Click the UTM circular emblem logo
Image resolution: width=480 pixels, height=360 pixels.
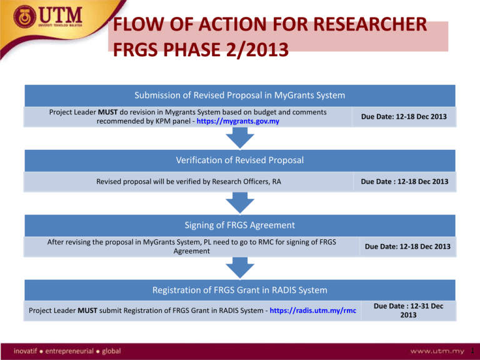[x=25, y=16]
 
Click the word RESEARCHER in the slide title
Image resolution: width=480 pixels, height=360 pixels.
[x=370, y=24]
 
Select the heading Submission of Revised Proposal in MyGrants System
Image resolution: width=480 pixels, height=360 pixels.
[x=240, y=95]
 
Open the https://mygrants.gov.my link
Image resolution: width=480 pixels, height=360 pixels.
[x=238, y=121]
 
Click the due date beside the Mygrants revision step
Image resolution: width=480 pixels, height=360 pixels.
[x=404, y=117]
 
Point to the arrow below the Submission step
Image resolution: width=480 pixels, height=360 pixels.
[x=240, y=138]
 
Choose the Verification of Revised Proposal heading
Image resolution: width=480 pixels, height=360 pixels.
[x=240, y=160]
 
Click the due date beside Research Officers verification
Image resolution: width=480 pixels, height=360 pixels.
[x=404, y=181]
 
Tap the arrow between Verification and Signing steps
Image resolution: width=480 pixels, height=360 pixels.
[x=240, y=203]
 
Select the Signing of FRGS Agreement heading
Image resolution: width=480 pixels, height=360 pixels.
[x=240, y=225]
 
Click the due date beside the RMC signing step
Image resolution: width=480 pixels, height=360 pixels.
[x=407, y=246]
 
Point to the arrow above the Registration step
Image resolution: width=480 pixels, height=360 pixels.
[x=240, y=268]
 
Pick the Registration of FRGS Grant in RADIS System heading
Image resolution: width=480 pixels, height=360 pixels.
[x=240, y=290]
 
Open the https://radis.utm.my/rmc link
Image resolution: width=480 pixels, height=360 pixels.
[x=313, y=311]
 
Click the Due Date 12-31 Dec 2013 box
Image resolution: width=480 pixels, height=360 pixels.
[x=408, y=311]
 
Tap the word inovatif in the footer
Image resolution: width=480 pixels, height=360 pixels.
[x=25, y=351]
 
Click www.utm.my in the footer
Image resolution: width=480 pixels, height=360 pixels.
[x=437, y=351]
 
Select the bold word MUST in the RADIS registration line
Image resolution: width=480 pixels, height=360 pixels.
[x=87, y=311]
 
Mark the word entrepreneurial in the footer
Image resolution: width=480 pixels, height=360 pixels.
[x=69, y=351]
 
